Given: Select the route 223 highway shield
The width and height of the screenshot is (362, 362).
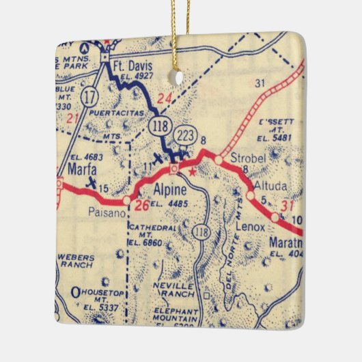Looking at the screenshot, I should [185, 135].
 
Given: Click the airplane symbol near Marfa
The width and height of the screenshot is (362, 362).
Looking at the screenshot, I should [92, 182].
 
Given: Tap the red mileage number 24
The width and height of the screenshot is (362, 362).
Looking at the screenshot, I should [164, 97].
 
